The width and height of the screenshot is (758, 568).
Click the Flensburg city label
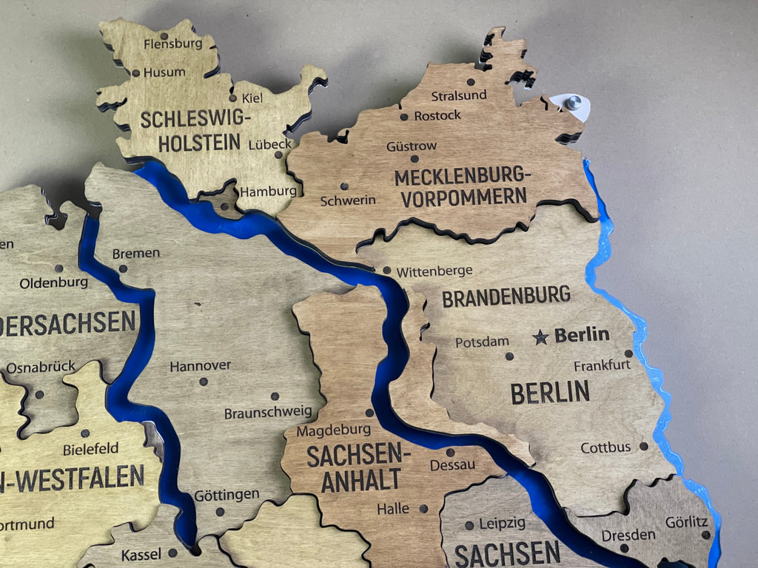click(x=173, y=44)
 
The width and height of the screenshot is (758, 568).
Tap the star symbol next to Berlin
click(x=541, y=337)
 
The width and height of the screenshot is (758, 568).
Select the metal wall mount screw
click(x=574, y=102)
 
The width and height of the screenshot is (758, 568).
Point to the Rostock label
click(x=437, y=115)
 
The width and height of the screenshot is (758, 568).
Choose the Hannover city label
click(x=200, y=366)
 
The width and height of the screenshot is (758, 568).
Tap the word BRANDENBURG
click(x=506, y=297)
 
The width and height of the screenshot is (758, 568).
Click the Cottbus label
click(x=606, y=447)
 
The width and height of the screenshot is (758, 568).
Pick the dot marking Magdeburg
click(x=369, y=413)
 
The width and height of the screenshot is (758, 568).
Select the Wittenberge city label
click(x=434, y=271)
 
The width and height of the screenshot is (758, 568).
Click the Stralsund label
click(x=459, y=95)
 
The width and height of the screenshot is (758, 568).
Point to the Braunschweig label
click(x=268, y=413)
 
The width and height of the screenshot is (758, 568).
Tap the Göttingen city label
click(x=227, y=494)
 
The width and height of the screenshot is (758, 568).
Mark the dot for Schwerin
click(x=343, y=186)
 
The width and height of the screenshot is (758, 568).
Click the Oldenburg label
click(x=54, y=283)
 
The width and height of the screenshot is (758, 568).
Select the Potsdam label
click(x=482, y=342)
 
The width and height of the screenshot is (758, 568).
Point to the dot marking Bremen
click(x=123, y=268)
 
